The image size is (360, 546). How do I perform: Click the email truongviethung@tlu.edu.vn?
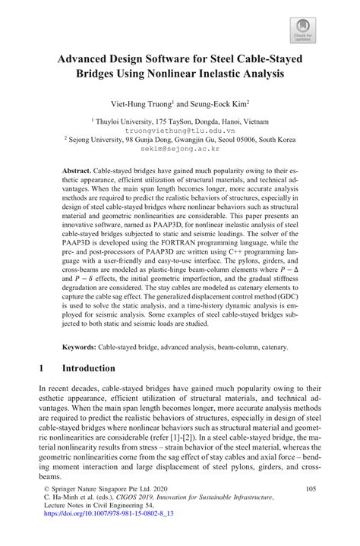(x=180, y=129)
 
